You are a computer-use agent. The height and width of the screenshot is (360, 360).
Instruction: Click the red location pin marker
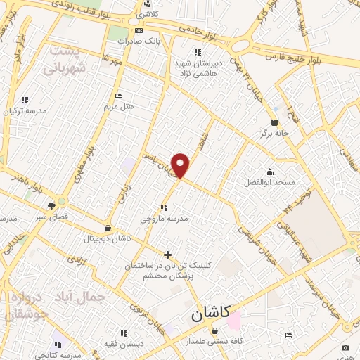click(x=181, y=165)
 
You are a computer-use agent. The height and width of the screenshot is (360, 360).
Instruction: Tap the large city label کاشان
click(x=214, y=315)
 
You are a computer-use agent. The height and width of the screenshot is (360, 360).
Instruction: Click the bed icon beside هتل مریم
click(x=118, y=96)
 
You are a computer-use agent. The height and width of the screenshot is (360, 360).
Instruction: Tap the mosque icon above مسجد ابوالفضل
click(x=270, y=171)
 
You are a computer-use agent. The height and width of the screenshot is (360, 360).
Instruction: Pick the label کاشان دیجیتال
click(x=108, y=239)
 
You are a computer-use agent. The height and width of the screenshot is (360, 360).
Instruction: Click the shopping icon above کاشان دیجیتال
click(x=107, y=228)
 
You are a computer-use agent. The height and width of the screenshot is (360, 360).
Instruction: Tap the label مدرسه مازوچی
click(x=165, y=219)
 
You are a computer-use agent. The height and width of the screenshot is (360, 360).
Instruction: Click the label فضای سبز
click(x=52, y=217)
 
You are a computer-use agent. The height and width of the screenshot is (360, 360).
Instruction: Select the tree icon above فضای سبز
click(x=51, y=206)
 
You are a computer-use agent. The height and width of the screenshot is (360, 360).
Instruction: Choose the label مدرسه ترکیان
click(x=25, y=111)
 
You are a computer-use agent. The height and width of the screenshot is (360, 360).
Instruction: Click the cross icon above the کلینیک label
click(x=167, y=255)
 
